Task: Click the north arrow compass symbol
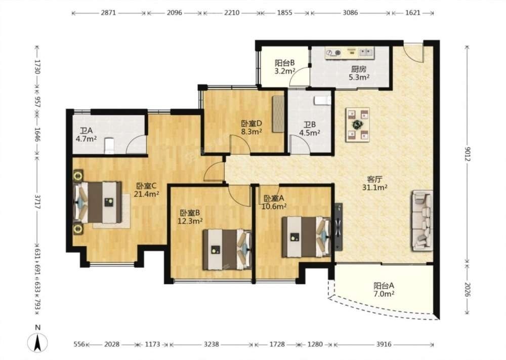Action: (38, 342)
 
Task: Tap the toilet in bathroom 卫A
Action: (109, 146)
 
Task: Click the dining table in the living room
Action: (358, 125)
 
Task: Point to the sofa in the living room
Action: (421, 220)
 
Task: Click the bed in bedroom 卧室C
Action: (98, 203)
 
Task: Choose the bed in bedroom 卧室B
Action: (227, 249)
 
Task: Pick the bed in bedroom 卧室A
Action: (306, 236)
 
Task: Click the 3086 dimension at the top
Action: (350, 13)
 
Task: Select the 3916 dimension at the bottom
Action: (384, 344)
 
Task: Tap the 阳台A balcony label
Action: (384, 286)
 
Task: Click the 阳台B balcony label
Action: (284, 63)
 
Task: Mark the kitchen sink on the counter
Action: (366, 52)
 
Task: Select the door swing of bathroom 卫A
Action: (136, 144)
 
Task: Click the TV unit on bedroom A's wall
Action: (338, 227)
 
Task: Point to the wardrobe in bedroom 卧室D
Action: (277, 113)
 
